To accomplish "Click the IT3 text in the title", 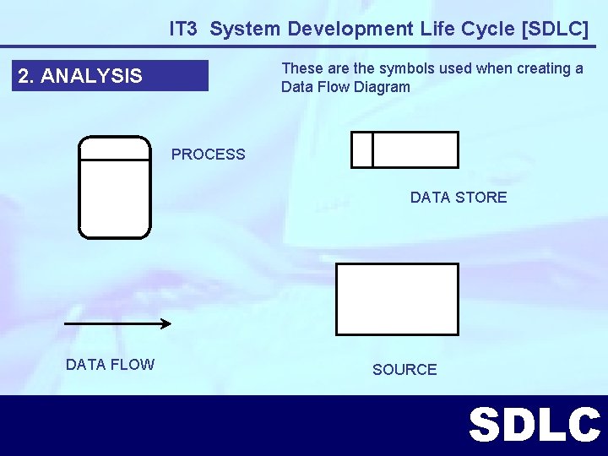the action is click(x=183, y=29).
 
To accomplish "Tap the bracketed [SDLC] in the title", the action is click(x=556, y=29).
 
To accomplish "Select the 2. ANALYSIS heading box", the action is click(x=112, y=76).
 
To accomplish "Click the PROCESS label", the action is click(x=209, y=155).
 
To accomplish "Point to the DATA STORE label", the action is click(x=459, y=198).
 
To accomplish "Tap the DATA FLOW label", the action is click(x=110, y=365).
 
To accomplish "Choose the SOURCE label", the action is click(x=404, y=370).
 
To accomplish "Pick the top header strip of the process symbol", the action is click(x=115, y=148).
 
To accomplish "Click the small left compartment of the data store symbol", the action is click(x=362, y=150).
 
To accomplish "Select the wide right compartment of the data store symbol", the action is click(x=415, y=150).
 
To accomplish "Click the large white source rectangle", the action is click(x=397, y=299).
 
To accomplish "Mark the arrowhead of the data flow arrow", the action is click(x=166, y=323).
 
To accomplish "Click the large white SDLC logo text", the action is click(x=534, y=426).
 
